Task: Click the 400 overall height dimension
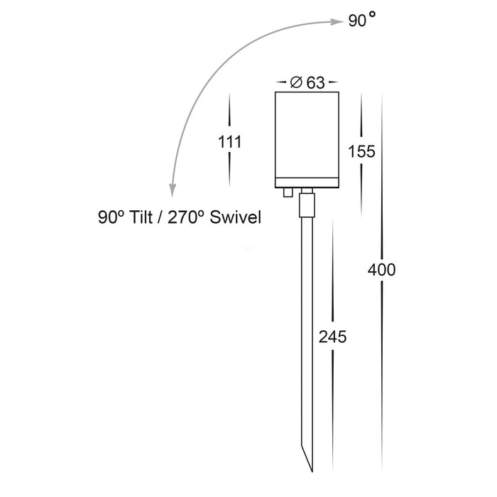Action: (x=382, y=270)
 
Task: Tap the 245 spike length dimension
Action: (x=332, y=337)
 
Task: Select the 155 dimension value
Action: (x=361, y=151)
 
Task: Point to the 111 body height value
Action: (x=230, y=142)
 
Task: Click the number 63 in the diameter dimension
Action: (x=316, y=83)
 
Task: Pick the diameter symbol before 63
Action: (x=296, y=82)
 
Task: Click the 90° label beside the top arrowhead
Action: (x=362, y=20)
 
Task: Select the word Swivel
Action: (x=235, y=217)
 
